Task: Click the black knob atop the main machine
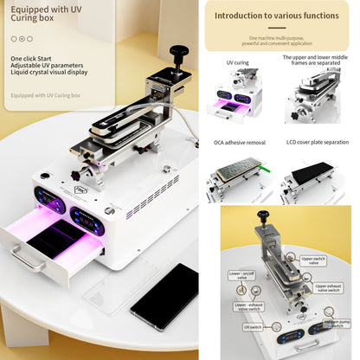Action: tap(180, 55)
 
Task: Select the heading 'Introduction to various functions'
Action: tap(277, 16)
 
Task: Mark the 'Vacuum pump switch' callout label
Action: tap(336, 324)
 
